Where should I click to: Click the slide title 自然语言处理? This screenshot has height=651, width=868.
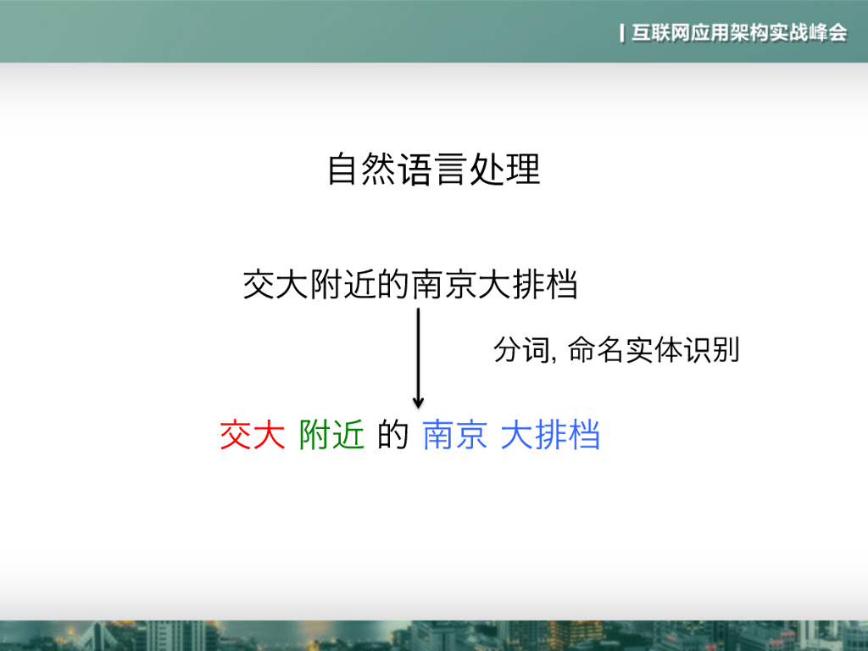point(433,170)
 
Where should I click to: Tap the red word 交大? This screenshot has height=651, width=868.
point(252,436)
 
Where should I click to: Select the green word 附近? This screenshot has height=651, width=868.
point(331,436)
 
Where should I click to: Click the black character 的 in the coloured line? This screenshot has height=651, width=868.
point(393,436)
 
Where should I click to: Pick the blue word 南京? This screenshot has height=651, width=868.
point(454,436)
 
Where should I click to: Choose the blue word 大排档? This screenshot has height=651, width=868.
point(550,436)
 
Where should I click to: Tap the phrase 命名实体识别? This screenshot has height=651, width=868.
point(654,350)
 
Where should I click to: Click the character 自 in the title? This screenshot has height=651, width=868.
point(341,170)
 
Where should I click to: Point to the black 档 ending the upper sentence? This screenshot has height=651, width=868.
point(563,285)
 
